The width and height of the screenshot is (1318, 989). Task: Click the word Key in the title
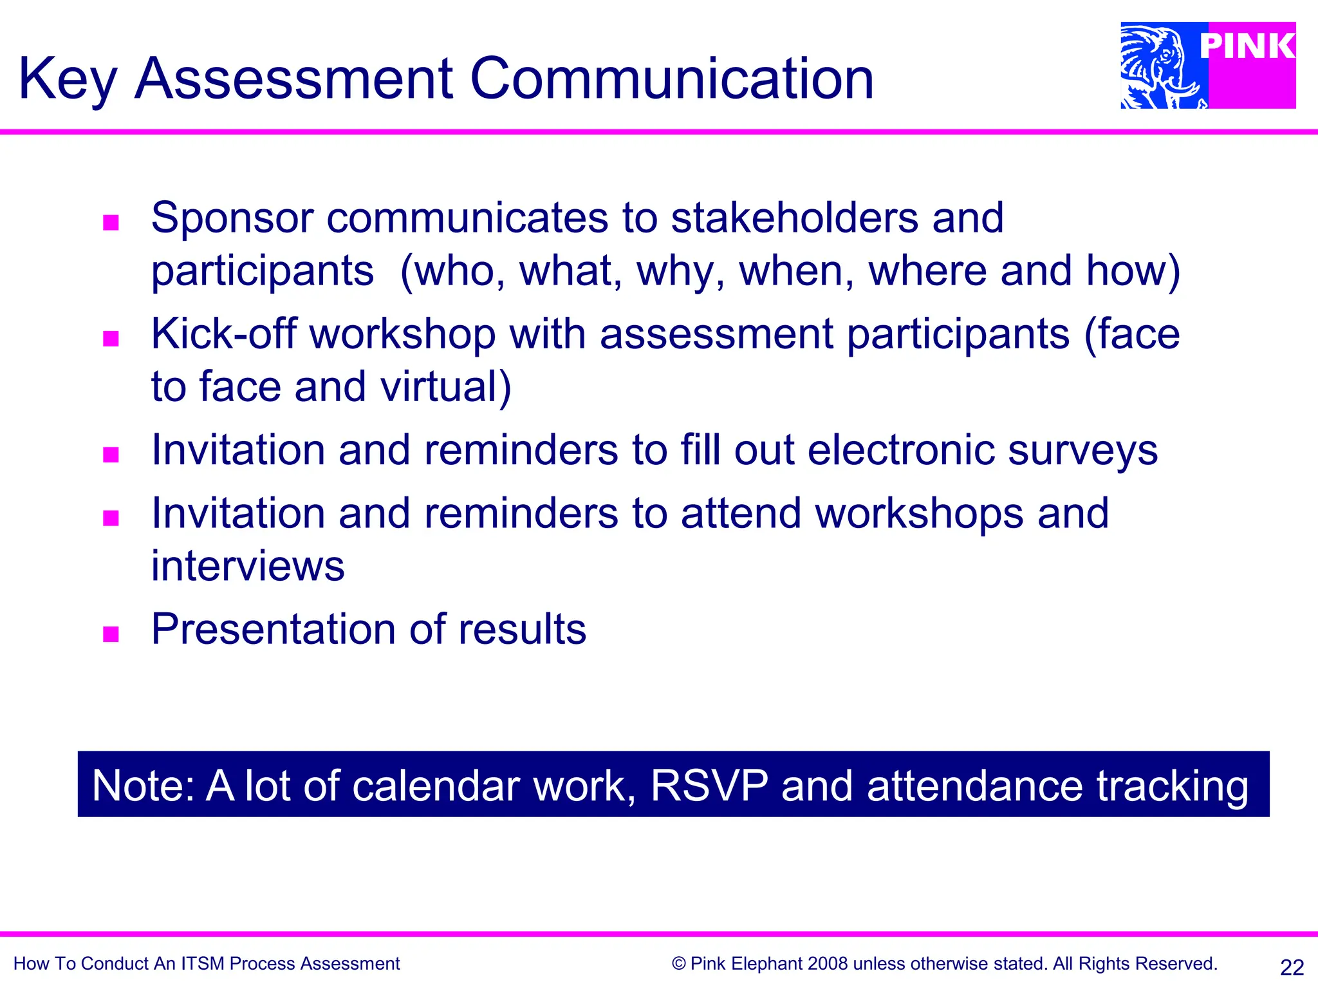click(x=67, y=80)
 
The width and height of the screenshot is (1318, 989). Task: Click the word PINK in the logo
click(x=1247, y=46)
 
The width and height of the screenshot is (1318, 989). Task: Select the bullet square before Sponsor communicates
click(x=111, y=223)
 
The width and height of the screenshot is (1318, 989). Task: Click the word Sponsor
click(x=232, y=218)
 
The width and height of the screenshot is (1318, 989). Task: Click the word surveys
click(x=1082, y=451)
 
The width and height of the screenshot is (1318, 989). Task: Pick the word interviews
click(x=248, y=566)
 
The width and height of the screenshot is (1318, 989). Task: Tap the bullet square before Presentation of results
click(x=111, y=634)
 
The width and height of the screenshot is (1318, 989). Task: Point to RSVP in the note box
click(x=709, y=786)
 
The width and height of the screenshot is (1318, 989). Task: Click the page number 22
click(x=1292, y=967)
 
